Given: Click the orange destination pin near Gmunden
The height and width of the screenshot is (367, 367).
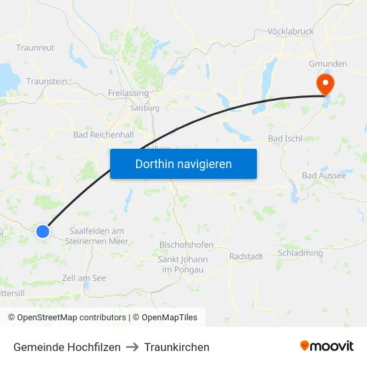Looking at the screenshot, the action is click(x=326, y=85).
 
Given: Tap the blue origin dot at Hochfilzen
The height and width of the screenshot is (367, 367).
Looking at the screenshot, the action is click(x=43, y=231).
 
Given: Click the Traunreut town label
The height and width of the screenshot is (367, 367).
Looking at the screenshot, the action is click(x=35, y=48).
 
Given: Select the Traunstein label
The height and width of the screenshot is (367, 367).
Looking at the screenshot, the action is click(x=47, y=81).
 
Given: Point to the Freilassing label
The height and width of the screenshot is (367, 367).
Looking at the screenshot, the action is click(x=127, y=93).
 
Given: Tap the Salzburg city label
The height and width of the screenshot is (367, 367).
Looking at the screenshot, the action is click(x=145, y=107).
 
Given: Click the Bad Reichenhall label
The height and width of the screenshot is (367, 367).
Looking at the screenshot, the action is click(x=103, y=135).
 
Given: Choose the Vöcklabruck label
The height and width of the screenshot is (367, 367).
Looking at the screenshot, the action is click(x=290, y=31).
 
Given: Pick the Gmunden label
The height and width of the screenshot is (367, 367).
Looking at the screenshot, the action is click(x=328, y=64).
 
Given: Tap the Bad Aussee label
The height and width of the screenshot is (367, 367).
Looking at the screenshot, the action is click(x=324, y=175).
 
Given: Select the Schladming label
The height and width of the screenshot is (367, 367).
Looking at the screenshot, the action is click(x=300, y=254).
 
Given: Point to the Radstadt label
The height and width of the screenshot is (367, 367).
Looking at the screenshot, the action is click(x=246, y=256).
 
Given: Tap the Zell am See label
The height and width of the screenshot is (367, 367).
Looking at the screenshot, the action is click(x=83, y=278).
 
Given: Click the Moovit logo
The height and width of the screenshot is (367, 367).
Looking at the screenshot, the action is click(x=326, y=346).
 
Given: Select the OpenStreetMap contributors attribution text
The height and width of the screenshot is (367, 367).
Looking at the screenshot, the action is click(x=67, y=318).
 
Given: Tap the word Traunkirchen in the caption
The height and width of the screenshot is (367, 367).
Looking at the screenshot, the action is click(x=176, y=347).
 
